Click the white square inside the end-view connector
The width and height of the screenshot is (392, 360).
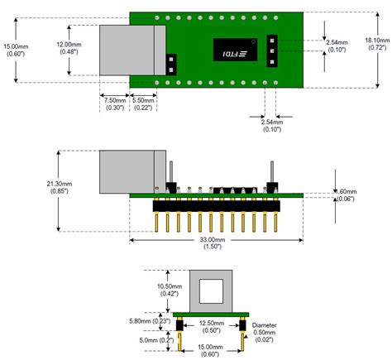click(212, 290)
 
